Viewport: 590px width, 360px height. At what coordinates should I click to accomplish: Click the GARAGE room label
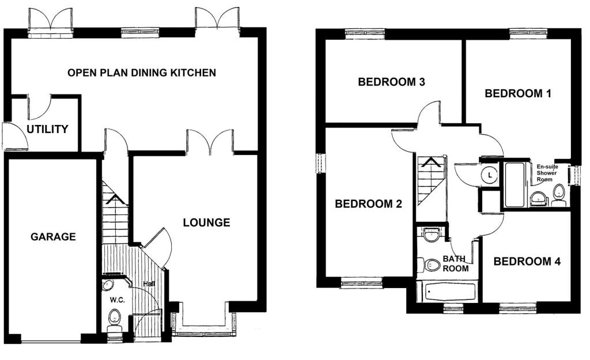pyautogui.click(x=53, y=236)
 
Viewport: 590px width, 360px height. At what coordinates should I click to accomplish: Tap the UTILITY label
pyautogui.click(x=48, y=129)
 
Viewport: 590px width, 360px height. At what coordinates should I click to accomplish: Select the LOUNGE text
pyautogui.click(x=206, y=222)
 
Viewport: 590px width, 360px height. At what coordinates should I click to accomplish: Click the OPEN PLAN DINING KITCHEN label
pyautogui.click(x=142, y=73)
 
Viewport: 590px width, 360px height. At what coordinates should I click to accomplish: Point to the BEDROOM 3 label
pyautogui.click(x=392, y=82)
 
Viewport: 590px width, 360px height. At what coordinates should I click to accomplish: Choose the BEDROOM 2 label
pyautogui.click(x=369, y=203)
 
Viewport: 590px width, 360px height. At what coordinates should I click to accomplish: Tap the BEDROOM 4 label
pyautogui.click(x=527, y=262)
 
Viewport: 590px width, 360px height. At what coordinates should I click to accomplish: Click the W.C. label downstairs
pyautogui.click(x=117, y=301)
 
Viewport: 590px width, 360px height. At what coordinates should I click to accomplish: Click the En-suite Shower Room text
pyautogui.click(x=547, y=173)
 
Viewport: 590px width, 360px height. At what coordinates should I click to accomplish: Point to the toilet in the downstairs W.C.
pyautogui.click(x=114, y=317)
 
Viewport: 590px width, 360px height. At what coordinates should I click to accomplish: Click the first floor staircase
pyautogui.click(x=431, y=181)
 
